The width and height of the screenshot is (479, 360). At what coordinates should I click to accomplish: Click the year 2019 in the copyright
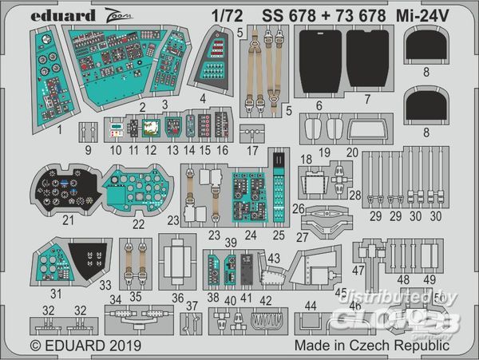coord(118,346)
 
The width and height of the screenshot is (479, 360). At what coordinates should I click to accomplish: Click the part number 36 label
coord(176,298)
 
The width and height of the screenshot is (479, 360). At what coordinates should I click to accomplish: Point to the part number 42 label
coord(266,300)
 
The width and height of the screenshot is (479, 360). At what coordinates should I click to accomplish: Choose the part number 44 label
coord(311,306)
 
